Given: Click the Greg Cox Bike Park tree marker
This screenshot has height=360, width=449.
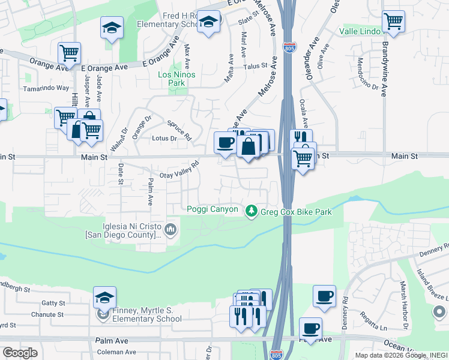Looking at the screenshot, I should point(252,211).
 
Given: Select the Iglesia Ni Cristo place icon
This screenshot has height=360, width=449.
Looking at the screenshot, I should point(171,228).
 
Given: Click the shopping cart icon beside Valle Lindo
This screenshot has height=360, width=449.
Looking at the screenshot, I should point(393,21).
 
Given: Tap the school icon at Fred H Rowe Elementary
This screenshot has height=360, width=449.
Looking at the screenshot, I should point(208,22).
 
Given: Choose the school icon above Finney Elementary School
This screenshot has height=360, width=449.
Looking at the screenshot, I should point(104,298).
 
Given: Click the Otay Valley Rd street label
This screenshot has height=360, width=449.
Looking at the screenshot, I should point(179,171).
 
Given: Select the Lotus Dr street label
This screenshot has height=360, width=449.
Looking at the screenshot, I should point(164,139).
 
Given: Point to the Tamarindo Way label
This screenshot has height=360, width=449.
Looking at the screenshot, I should point(46,88).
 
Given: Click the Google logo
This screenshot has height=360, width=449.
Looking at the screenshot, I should point(20,353).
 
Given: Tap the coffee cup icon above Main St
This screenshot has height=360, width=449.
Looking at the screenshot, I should point(225,143).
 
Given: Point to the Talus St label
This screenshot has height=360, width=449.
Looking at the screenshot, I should point(255,67).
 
